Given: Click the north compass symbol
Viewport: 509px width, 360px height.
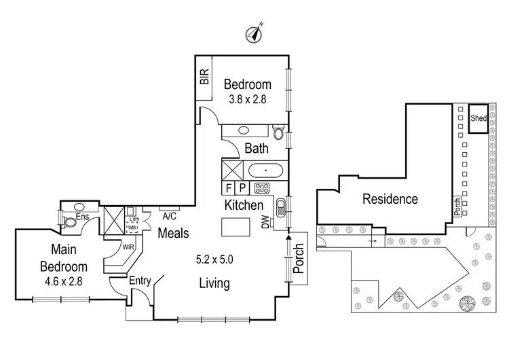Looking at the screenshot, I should pos(255,31).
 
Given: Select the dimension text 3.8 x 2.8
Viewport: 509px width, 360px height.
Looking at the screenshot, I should pos(247,99).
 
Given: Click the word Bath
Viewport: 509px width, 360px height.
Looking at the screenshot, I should pos(257,148).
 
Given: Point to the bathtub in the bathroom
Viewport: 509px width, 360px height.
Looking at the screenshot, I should pos(266,170).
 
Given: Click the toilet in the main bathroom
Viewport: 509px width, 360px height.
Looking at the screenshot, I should pos(278,131).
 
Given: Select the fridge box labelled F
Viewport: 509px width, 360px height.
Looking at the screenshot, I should pos(229,188).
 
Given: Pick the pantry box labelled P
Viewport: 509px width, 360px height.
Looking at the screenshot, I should pos(242,188).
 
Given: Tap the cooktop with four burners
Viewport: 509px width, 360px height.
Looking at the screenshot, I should pos(261,188).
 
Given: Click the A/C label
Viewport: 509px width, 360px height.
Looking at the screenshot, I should pos(169,217).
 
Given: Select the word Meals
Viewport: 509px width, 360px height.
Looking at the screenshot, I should pos(173,233).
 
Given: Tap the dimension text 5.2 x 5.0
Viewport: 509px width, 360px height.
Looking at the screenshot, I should pos(214,259).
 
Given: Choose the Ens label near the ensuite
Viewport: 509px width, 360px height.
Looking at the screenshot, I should pos(83,217).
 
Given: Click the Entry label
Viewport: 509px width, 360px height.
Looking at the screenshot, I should pos(138,281).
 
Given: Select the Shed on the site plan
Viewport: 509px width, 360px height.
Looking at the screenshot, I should pos(478,118).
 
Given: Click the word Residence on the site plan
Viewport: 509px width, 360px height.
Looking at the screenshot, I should pos(390,199).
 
